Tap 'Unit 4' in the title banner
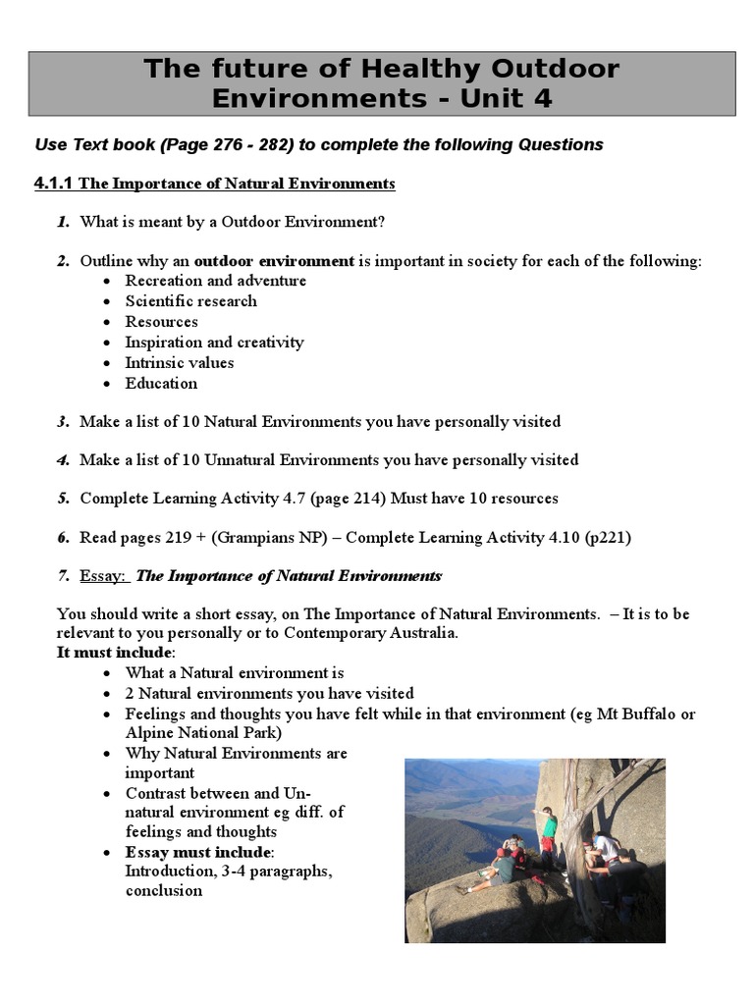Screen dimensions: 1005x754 (504, 98)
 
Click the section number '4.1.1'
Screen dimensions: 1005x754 (54, 184)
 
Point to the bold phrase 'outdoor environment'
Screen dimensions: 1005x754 (274, 261)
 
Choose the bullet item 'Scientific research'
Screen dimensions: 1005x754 (190, 301)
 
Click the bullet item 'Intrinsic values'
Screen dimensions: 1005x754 (179, 363)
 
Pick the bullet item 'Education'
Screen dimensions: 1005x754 (161, 384)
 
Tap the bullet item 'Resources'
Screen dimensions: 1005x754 (161, 322)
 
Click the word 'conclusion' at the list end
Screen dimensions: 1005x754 (163, 891)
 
